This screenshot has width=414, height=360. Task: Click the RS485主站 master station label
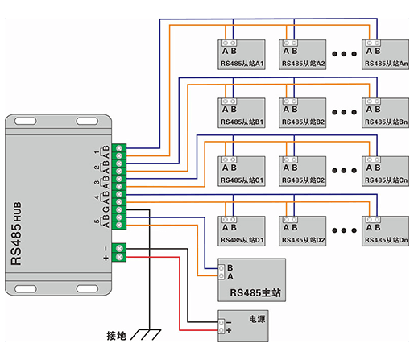255,292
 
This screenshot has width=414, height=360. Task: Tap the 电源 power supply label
257,319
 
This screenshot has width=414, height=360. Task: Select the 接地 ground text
116,336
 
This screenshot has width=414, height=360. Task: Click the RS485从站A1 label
242,64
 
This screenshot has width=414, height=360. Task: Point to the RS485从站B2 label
303,122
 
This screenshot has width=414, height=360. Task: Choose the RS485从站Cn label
386,180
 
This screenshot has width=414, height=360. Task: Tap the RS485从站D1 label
242,240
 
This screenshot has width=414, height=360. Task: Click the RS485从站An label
386,64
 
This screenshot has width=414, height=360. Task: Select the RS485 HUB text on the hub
16,234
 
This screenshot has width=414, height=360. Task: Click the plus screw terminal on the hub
119,257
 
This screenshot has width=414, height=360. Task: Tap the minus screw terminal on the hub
119,248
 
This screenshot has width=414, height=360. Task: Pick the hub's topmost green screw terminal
119,148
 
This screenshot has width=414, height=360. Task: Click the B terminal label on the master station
230,267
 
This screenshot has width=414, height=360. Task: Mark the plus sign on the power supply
229,330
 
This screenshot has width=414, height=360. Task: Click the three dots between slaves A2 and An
344,54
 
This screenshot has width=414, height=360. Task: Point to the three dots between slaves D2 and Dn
344,230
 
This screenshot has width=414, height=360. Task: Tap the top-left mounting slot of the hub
26,122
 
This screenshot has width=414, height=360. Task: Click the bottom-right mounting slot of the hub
87,289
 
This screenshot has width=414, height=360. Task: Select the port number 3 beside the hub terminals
97,183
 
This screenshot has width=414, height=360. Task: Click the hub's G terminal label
106,209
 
